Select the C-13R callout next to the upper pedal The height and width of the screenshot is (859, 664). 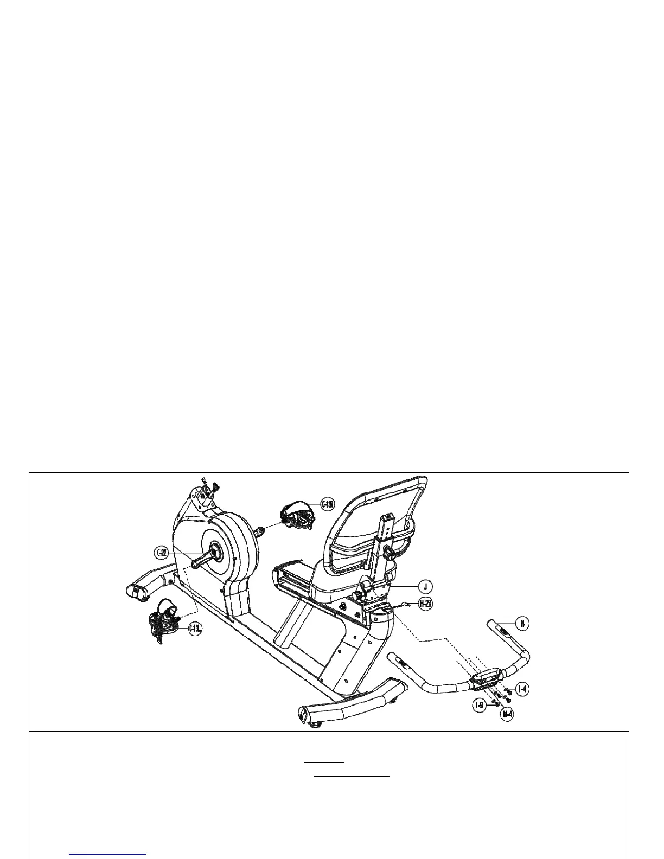click(x=327, y=504)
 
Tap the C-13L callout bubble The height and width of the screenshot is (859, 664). click(x=195, y=629)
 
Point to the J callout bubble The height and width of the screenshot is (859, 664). click(x=426, y=586)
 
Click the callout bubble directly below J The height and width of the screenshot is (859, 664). click(x=426, y=604)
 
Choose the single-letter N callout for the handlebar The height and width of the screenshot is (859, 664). click(x=522, y=623)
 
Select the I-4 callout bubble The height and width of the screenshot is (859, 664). click(x=522, y=689)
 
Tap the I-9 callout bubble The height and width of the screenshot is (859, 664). click(x=479, y=706)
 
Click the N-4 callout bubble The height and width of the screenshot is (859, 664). click(x=507, y=714)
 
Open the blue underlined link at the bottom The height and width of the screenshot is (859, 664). click(x=108, y=854)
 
